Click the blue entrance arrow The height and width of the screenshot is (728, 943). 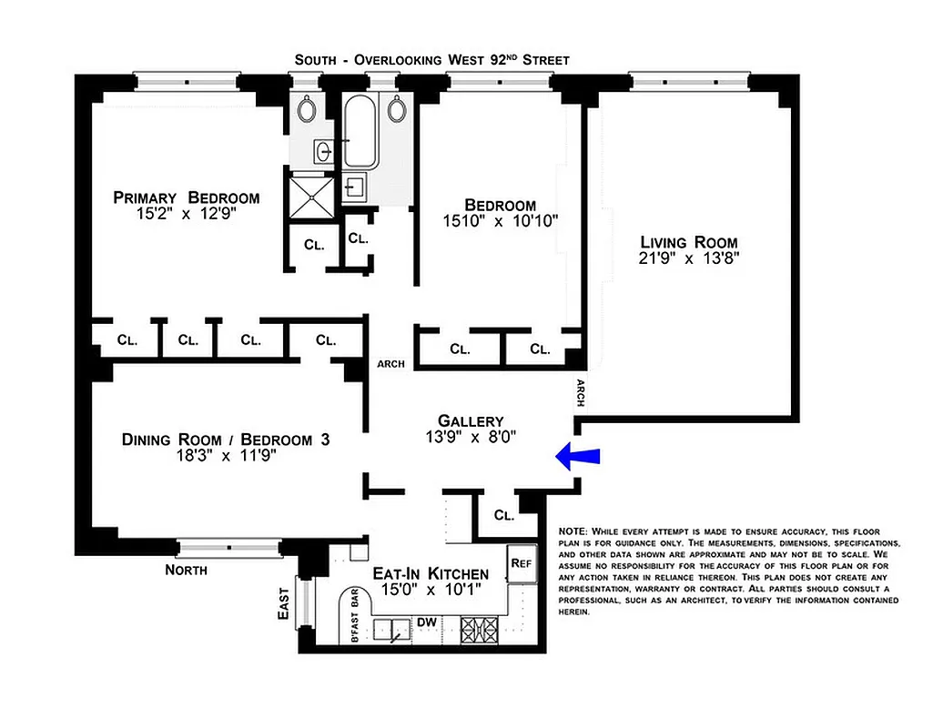576,457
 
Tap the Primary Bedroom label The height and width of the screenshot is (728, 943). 186,197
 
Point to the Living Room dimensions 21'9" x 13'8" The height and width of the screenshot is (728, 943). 688,258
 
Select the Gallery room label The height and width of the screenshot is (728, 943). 471,420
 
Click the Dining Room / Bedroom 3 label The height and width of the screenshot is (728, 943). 225,440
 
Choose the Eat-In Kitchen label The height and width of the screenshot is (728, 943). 431,573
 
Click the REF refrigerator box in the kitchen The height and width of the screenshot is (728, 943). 521,563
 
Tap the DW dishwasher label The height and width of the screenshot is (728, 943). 426,622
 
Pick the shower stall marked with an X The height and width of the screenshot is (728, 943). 309,193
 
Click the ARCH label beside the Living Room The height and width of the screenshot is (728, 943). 580,393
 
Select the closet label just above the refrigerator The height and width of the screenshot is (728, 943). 504,514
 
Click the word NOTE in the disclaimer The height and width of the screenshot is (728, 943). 573,531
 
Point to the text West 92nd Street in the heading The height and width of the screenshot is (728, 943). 508,60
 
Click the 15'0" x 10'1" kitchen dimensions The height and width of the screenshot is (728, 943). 431,590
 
